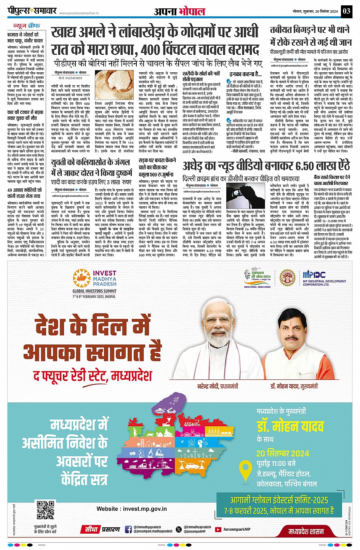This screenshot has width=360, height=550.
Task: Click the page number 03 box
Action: [346, 11]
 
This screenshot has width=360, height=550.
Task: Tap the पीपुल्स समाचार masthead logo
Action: [32, 11]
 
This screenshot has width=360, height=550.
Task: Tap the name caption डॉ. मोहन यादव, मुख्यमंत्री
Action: [294, 386]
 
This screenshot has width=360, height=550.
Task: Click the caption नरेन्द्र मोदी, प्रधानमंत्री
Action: [218, 386]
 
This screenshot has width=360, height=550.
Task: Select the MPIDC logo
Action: [324, 278]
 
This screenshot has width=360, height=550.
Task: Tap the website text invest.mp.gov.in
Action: [131, 509]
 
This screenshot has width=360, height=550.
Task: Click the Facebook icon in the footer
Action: [128, 529]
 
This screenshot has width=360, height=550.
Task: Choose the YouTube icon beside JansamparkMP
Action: [218, 529]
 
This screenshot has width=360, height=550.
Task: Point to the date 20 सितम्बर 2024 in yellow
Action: [283, 453]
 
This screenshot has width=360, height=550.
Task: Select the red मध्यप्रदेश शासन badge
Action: [306, 531]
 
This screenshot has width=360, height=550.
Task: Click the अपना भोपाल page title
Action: [179, 11]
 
